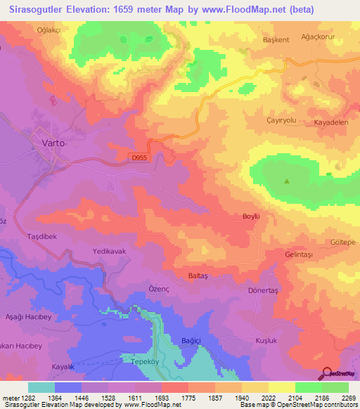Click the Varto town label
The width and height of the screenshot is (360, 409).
pos(52,143)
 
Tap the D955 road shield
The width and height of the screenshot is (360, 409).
pos(140,158)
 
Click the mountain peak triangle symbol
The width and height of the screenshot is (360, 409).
pos(287,181)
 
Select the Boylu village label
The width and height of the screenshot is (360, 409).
pos(251,216)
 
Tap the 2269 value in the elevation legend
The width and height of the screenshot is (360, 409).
pos(348,398)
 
